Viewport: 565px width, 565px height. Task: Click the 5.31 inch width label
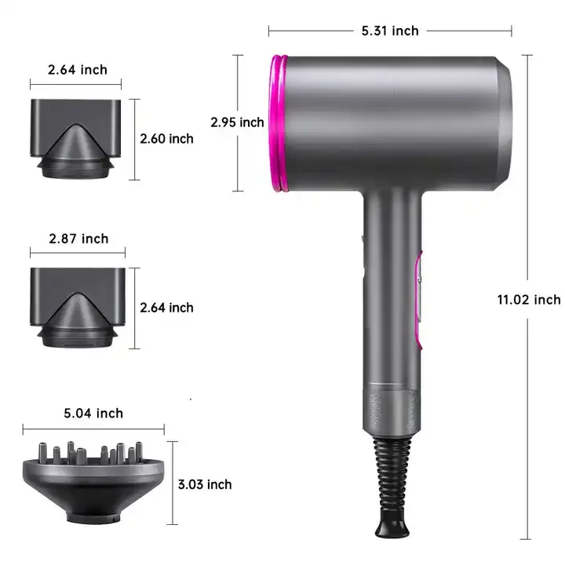[390, 31]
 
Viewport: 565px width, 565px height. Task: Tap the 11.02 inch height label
[528, 299]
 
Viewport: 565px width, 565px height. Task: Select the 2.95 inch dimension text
[237, 122]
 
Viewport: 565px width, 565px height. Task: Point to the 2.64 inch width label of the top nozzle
[78, 70]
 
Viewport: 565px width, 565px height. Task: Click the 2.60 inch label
[166, 139]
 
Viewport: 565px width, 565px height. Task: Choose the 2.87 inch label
[78, 239]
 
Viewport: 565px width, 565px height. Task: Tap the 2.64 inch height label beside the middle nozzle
[166, 308]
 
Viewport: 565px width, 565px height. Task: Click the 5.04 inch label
[93, 414]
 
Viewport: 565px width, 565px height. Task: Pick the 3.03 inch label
[205, 484]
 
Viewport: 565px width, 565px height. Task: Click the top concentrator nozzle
[77, 137]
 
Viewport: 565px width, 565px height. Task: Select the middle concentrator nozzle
[77, 307]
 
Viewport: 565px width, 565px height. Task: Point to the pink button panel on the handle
[421, 298]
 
